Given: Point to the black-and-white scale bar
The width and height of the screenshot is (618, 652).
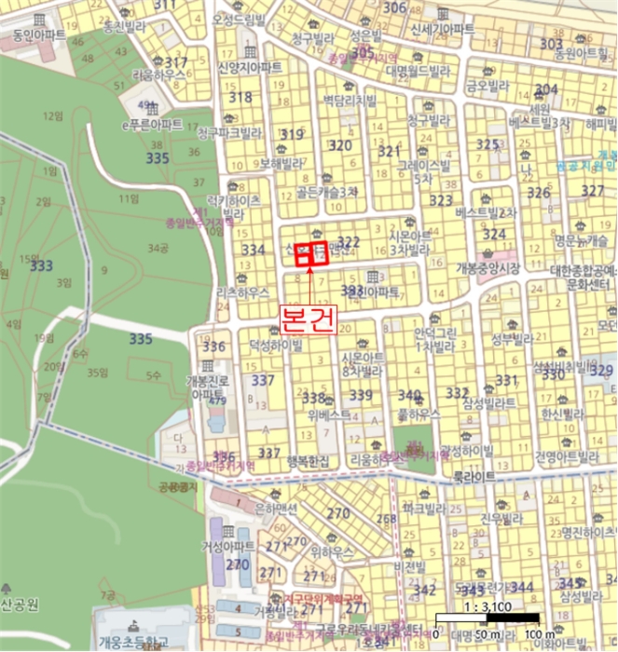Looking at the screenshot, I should click(x=488, y=618).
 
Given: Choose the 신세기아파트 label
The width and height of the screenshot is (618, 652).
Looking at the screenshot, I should click(x=443, y=31).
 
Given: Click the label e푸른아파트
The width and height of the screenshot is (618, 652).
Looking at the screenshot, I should click(x=153, y=124).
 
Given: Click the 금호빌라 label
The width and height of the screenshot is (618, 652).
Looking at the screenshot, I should click(x=484, y=85).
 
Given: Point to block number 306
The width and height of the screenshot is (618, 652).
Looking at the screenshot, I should click(x=395, y=8).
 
